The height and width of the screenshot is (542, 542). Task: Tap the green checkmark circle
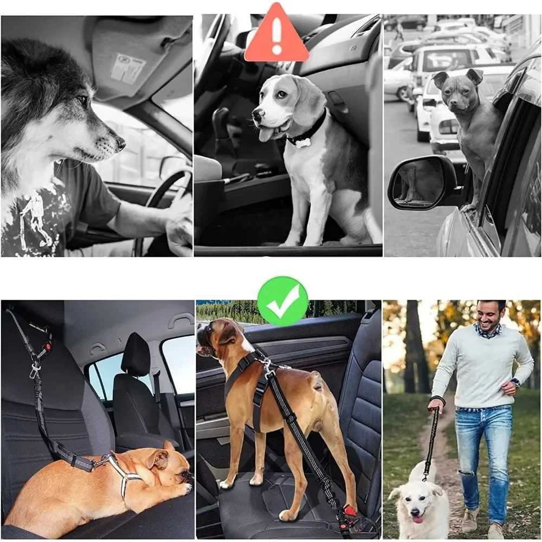point(282,301)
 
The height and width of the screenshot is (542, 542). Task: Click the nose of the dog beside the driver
point(120,144)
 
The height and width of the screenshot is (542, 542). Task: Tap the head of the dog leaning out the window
point(456,89)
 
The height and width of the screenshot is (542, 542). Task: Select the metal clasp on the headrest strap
point(35,370)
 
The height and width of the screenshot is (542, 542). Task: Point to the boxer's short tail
point(315,383)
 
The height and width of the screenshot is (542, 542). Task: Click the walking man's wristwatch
point(514,382)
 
